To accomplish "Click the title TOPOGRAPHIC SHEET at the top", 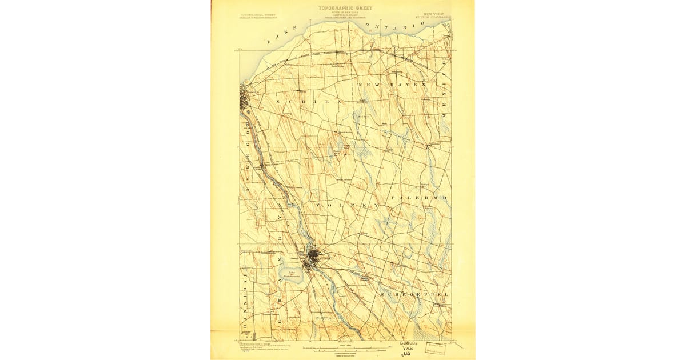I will click(x=345, y=9).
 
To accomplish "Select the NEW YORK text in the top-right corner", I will click(x=436, y=13).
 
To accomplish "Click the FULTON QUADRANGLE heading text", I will click(x=437, y=18).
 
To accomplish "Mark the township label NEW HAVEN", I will click(x=393, y=85).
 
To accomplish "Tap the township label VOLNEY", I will click(x=339, y=205).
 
